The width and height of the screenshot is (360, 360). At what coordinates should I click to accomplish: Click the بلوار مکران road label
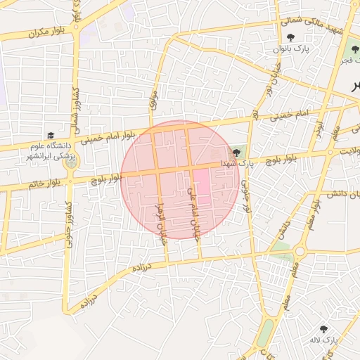(x=46, y=32)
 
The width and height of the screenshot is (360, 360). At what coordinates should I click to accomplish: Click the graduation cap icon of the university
(x=51, y=136)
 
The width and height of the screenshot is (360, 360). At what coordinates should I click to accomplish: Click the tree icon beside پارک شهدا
(x=235, y=153)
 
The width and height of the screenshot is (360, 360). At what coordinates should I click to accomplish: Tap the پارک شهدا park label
(x=236, y=163)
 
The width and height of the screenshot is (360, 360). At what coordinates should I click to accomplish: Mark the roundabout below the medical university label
(x=71, y=164)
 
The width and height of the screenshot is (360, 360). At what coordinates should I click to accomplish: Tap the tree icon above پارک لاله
(x=323, y=328)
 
